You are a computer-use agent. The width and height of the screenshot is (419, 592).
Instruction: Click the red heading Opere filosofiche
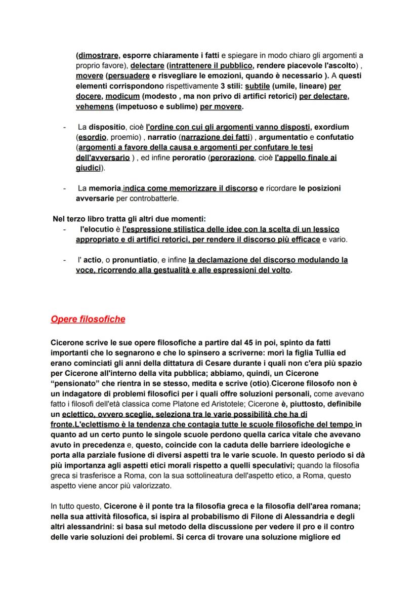point(88,320)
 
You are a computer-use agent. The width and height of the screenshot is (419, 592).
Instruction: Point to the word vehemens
point(94,107)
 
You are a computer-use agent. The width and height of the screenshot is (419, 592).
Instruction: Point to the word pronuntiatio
point(135,260)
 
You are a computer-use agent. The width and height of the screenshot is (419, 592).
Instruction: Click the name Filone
point(309,517)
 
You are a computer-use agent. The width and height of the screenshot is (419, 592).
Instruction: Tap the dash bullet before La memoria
point(64,188)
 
